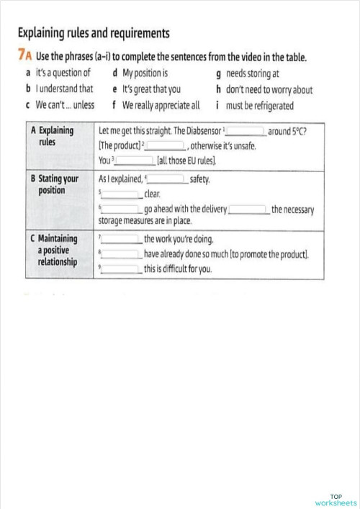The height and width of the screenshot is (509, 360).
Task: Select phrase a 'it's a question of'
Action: point(63,73)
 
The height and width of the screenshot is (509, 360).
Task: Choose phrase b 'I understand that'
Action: point(64,89)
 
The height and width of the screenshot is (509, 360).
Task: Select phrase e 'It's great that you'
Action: point(151,89)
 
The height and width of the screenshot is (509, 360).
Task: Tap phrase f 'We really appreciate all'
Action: point(161,105)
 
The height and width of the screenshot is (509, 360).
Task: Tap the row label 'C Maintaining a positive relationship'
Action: point(58,249)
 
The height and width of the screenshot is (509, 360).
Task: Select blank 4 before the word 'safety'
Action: point(167,179)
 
